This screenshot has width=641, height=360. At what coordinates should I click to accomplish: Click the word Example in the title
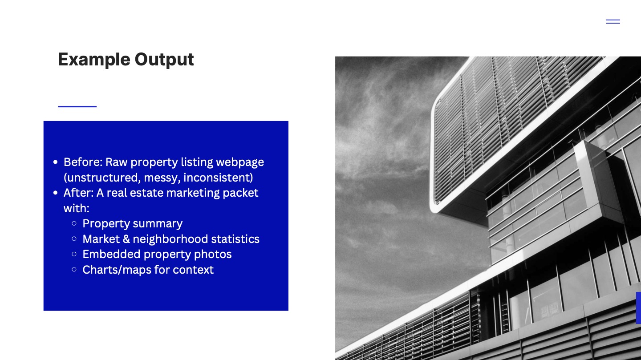click(94, 60)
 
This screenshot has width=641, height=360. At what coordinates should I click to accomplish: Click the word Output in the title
click(164, 60)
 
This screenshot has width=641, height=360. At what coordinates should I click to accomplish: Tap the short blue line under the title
click(77, 106)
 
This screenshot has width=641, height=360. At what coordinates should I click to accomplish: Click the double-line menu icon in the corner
click(613, 21)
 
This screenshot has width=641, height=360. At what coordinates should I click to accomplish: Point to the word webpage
click(240, 162)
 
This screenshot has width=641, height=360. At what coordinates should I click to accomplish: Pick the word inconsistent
click(218, 178)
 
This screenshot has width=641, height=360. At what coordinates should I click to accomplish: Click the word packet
click(240, 193)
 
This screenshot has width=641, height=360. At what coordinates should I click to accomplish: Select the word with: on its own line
click(77, 208)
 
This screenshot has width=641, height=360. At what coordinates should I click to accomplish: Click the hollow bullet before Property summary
click(74, 223)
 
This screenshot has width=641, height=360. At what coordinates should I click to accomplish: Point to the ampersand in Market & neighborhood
click(126, 239)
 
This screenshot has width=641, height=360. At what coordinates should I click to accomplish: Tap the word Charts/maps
click(117, 270)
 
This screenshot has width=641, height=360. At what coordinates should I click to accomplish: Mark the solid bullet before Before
click(56, 162)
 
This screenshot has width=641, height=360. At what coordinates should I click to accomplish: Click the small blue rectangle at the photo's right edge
click(638, 307)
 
